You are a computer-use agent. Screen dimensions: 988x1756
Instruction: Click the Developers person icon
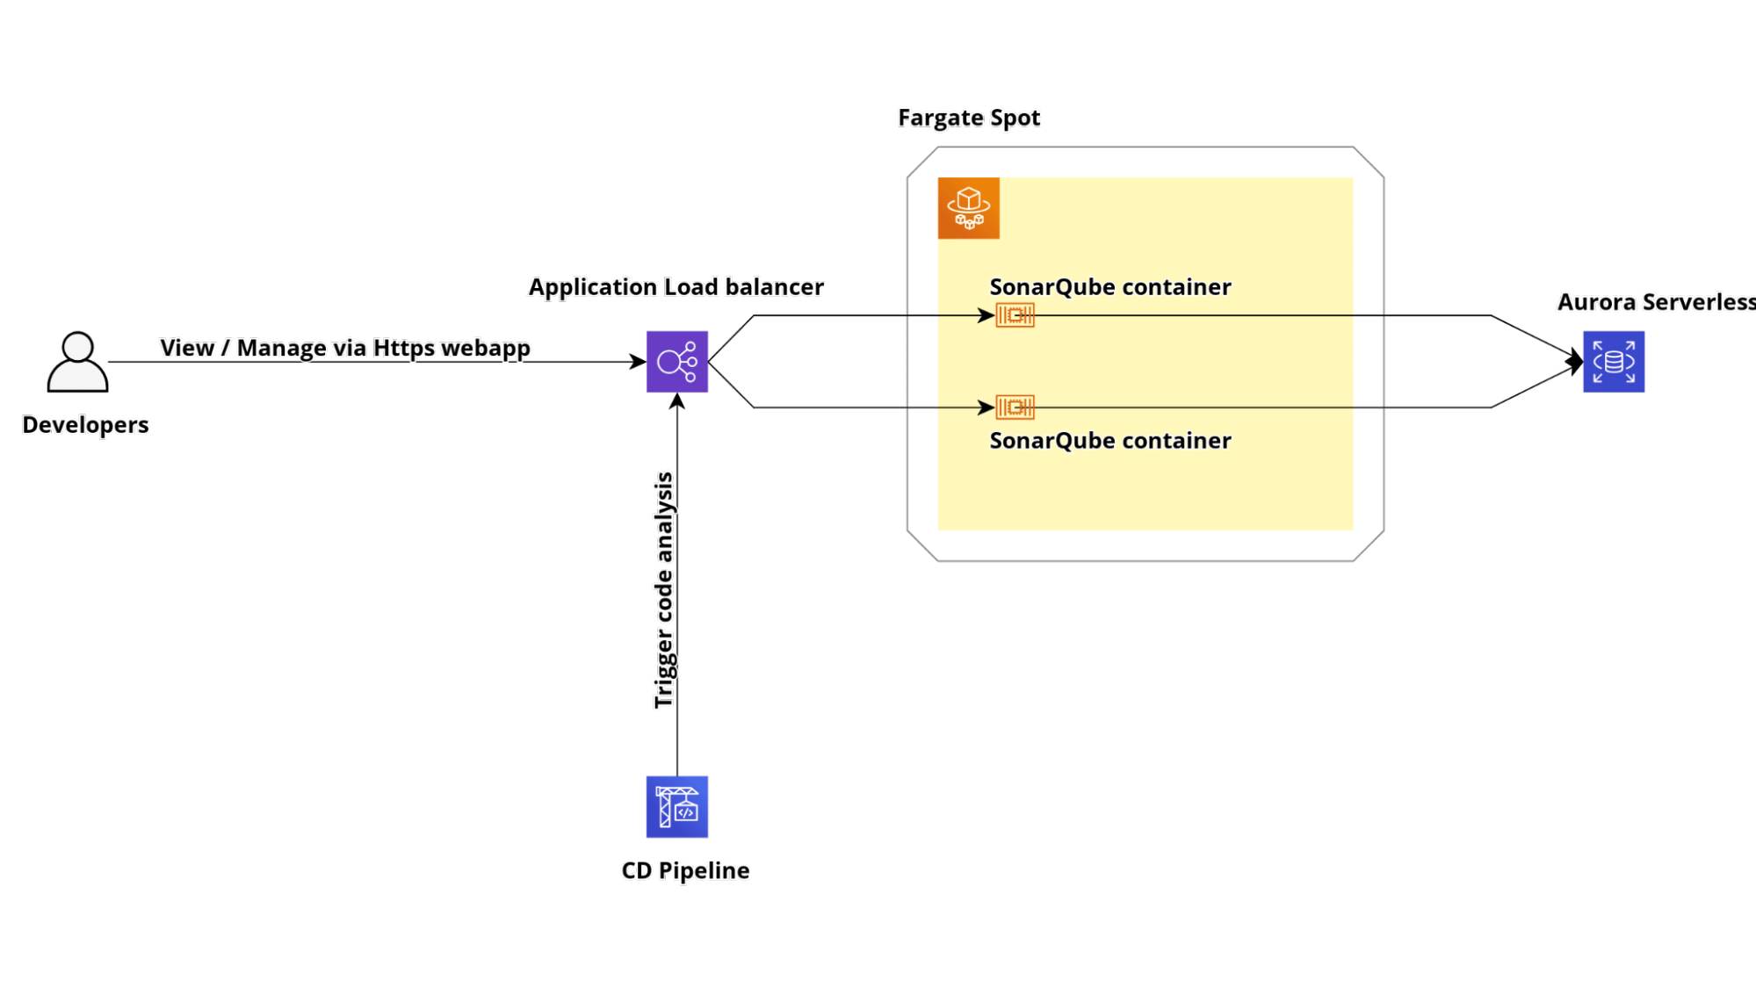point(77,362)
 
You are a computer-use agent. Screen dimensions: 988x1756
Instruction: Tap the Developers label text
point(86,425)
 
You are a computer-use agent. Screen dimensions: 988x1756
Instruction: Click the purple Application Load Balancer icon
point(676,362)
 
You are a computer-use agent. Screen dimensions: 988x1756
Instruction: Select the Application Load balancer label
point(676,287)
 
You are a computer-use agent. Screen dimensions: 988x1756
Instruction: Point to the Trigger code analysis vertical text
point(664,590)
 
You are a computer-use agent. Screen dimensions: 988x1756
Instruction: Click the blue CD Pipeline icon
point(676,806)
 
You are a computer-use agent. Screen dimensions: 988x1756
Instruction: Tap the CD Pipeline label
point(685,870)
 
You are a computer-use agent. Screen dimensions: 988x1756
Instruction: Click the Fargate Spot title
point(969,118)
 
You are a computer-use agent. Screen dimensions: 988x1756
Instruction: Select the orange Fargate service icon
point(968,208)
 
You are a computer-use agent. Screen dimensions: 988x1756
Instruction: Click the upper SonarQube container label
point(1109,287)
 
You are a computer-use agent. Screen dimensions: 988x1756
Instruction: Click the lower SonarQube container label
point(1109,441)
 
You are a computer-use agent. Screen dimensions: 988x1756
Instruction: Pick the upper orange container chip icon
point(1015,315)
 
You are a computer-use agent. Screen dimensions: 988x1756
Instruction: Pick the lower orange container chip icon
point(1015,407)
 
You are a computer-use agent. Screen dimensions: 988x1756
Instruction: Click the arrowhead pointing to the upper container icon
point(986,315)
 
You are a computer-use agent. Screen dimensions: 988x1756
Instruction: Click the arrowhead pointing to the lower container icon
point(986,407)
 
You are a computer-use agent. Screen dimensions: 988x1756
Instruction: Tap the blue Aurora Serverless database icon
point(1613,362)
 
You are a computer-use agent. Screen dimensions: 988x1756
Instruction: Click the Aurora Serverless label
point(1654,302)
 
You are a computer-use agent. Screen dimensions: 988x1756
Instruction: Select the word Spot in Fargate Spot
point(1015,118)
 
